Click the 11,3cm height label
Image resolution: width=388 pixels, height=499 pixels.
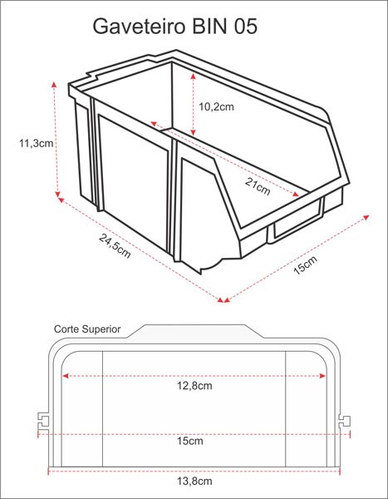36,143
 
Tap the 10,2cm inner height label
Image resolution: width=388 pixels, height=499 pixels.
218,106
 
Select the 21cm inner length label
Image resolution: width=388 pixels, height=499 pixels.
258,186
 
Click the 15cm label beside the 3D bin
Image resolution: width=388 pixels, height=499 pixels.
305,266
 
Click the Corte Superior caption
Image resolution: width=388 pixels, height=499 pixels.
87,329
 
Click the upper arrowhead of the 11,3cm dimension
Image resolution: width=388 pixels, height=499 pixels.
54,85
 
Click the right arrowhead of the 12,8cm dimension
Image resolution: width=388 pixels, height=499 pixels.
323,376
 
